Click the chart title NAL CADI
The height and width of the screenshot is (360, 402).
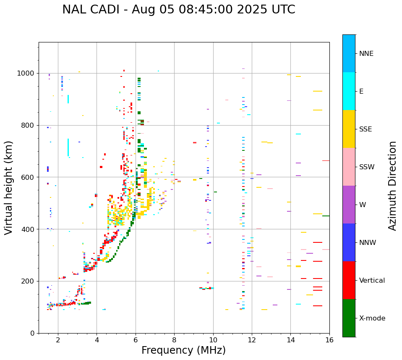click(178, 10)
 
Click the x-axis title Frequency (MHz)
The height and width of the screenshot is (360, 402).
click(183, 350)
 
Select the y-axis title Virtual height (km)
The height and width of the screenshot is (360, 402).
click(9, 187)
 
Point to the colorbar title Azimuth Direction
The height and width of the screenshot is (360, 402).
click(392, 185)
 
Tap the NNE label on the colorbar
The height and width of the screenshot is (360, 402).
click(366, 54)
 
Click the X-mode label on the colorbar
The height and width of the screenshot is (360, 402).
click(372, 318)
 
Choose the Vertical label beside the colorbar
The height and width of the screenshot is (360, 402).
click(372, 281)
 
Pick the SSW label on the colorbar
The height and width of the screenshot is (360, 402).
click(367, 167)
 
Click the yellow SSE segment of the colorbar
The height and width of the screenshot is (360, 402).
click(349, 129)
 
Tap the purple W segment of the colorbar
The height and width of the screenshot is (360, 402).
click(349, 204)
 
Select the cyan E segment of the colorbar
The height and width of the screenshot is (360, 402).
click(349, 91)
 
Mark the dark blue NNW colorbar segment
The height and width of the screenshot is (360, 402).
click(349, 242)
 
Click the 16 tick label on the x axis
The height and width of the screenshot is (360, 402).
click(329, 340)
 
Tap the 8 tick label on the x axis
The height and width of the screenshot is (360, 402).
click(174, 340)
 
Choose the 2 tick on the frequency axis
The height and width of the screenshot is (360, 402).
click(58, 340)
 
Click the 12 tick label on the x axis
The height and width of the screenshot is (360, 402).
click(252, 340)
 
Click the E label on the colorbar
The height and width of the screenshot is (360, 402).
click(361, 92)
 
